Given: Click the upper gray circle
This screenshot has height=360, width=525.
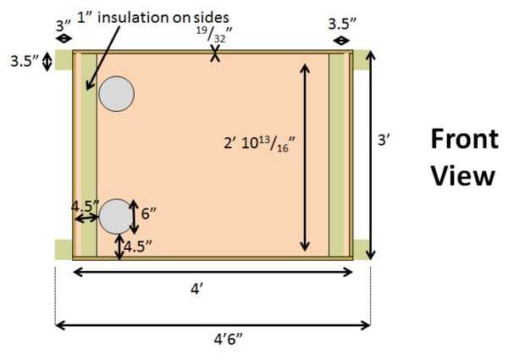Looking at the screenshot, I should (x=116, y=93).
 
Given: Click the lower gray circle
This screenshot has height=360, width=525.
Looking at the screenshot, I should (x=116, y=217).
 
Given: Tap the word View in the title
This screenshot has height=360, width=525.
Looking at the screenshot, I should (x=461, y=175).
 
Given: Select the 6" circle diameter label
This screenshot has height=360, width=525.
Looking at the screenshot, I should (x=149, y=214).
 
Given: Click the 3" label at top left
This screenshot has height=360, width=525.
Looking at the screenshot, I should (x=64, y=25).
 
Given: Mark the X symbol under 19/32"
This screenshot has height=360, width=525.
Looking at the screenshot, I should (x=217, y=55).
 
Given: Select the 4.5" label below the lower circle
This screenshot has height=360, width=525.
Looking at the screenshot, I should (x=138, y=247).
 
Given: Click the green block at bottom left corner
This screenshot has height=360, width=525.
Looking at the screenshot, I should (x=63, y=249).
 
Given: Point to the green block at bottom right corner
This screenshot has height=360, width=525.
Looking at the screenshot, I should (x=362, y=249).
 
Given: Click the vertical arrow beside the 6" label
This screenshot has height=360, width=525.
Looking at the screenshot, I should (x=135, y=217).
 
